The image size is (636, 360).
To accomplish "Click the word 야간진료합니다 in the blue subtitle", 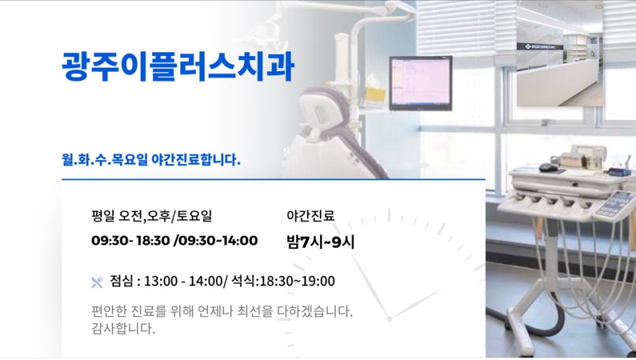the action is [196, 160].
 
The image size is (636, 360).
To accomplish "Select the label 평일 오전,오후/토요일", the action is [151, 216].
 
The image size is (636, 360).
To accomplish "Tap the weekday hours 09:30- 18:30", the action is [130, 240].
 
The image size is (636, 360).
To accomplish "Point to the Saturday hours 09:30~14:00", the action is [218, 240].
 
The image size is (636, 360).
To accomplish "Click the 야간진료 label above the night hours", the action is [310, 216].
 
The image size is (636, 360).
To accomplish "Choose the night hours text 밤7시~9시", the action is [321, 242].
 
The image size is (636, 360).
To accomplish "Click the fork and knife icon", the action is [97, 282].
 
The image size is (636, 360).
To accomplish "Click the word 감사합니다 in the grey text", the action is [123, 328].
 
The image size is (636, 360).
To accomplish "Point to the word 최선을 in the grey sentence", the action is [255, 311].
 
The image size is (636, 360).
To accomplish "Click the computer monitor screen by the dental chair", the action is [421, 83].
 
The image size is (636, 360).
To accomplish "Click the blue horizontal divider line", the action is [273, 179].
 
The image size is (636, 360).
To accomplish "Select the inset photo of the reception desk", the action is [560, 53].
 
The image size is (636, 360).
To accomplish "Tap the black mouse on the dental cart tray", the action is [548, 167].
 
